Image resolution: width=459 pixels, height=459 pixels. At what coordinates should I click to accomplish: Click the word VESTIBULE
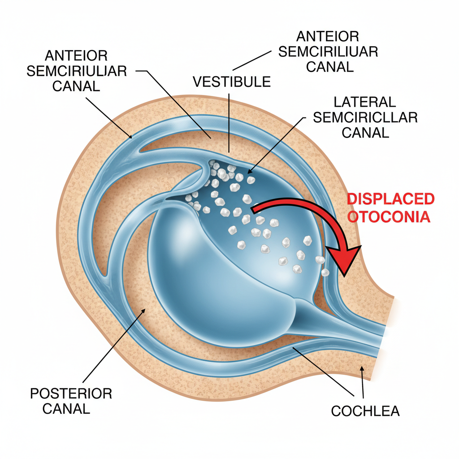point(232,82)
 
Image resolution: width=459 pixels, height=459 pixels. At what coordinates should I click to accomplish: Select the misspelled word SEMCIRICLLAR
point(365,117)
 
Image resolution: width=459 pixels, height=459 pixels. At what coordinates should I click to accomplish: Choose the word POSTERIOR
point(71,394)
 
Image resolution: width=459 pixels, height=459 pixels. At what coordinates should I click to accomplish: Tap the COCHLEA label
point(365,411)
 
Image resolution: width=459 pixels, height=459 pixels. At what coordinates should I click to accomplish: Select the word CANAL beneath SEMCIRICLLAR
point(365,133)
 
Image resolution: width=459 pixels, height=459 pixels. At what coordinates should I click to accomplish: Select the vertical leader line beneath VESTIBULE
point(229,121)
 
